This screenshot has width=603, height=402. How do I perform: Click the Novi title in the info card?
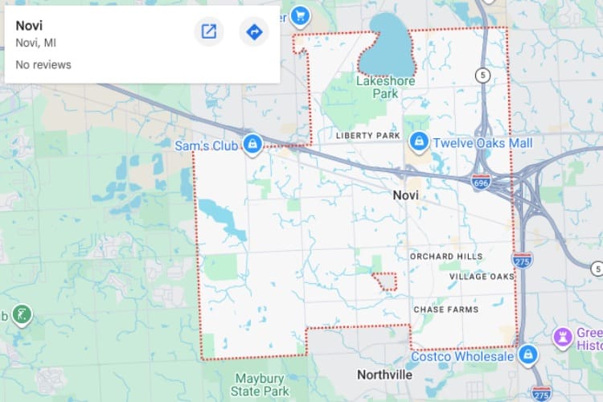(x=29, y=25)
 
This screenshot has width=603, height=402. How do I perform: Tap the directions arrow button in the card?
(x=254, y=32)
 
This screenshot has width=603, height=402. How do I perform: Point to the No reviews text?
(x=43, y=64)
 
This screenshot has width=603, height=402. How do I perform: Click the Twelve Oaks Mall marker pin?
(x=418, y=142)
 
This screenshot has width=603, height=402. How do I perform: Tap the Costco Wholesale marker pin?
(x=528, y=354)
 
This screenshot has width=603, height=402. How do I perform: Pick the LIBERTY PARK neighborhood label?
(x=368, y=136)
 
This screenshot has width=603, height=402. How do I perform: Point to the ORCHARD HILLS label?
(x=446, y=256)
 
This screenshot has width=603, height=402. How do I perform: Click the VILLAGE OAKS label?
(x=482, y=277)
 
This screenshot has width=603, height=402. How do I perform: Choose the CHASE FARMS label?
(x=446, y=310)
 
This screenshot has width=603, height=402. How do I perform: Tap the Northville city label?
(x=384, y=375)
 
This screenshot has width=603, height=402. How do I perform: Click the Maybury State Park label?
(x=261, y=384)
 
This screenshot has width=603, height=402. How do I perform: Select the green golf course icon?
(x=24, y=314)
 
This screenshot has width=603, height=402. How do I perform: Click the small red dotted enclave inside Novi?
(x=385, y=281)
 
